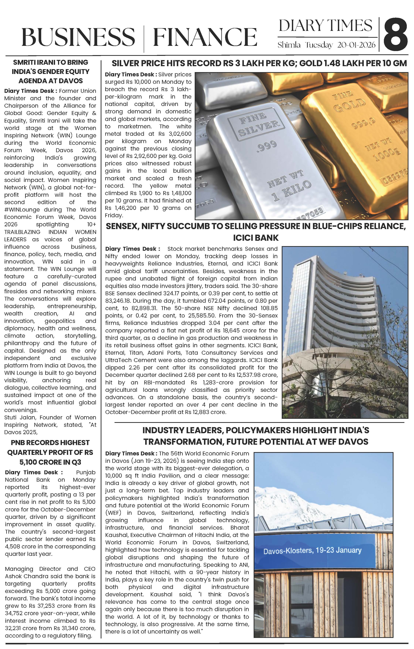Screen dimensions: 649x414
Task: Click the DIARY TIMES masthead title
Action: [325, 26]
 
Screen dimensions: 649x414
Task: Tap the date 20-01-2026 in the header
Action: [356, 45]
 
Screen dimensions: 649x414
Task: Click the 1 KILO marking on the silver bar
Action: [292, 190]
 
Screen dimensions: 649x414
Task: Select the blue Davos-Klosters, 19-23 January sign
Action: [312, 551]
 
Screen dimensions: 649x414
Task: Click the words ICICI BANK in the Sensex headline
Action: [256, 238]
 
